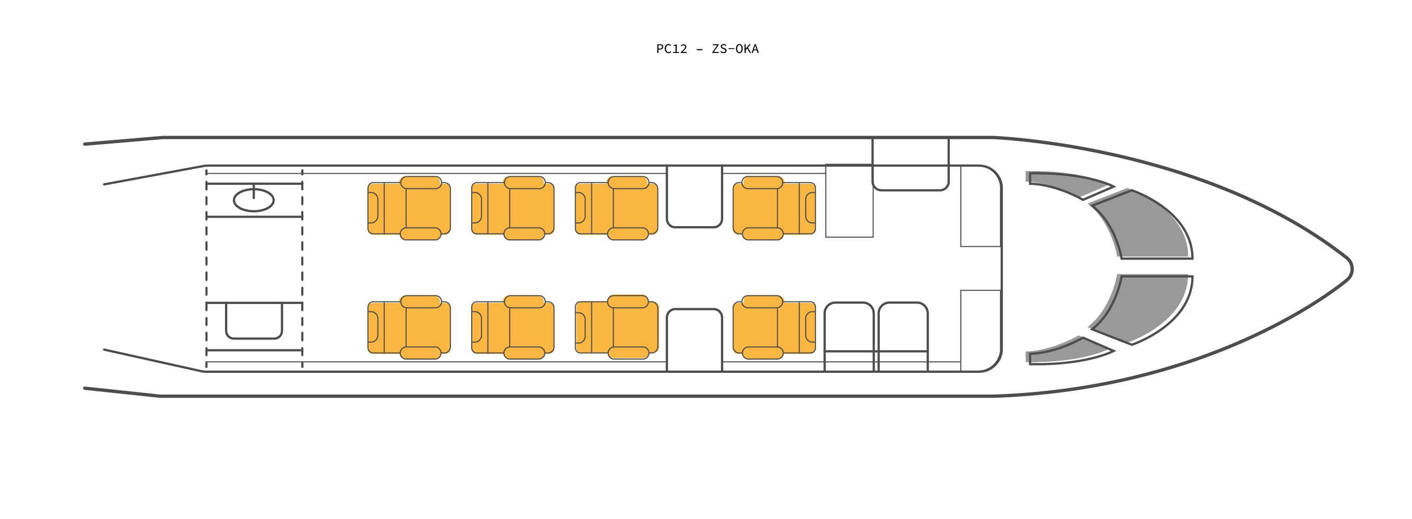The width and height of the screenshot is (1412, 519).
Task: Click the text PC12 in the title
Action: pyautogui.click(x=671, y=49)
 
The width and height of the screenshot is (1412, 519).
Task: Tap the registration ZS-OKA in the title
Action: pyautogui.click(x=735, y=49)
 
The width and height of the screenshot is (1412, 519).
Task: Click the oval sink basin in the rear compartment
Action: pyautogui.click(x=254, y=200)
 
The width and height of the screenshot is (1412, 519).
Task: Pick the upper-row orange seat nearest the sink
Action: pyautogui.click(x=409, y=208)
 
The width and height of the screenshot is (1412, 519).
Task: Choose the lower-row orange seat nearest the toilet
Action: pyautogui.click(x=409, y=327)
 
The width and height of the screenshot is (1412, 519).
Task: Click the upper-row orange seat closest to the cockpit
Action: pyautogui.click(x=774, y=208)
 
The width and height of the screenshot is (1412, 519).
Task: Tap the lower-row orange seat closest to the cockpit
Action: pyautogui.click(x=774, y=327)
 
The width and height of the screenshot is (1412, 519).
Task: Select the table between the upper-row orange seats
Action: pyautogui.click(x=694, y=196)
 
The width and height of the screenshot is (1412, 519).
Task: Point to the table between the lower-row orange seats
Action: pyautogui.click(x=694, y=340)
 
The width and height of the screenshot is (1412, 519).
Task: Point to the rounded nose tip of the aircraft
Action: pyautogui.click(x=1352, y=269)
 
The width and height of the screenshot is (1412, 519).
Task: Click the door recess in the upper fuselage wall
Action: pyautogui.click(x=911, y=164)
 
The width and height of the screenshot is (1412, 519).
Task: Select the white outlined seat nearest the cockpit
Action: pyautogui.click(x=903, y=336)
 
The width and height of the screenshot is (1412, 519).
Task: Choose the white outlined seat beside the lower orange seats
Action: pyautogui.click(x=849, y=336)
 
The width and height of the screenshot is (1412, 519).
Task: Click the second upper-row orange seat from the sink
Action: pyautogui.click(x=512, y=208)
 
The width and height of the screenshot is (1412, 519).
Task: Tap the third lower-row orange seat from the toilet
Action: pyautogui.click(x=616, y=327)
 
